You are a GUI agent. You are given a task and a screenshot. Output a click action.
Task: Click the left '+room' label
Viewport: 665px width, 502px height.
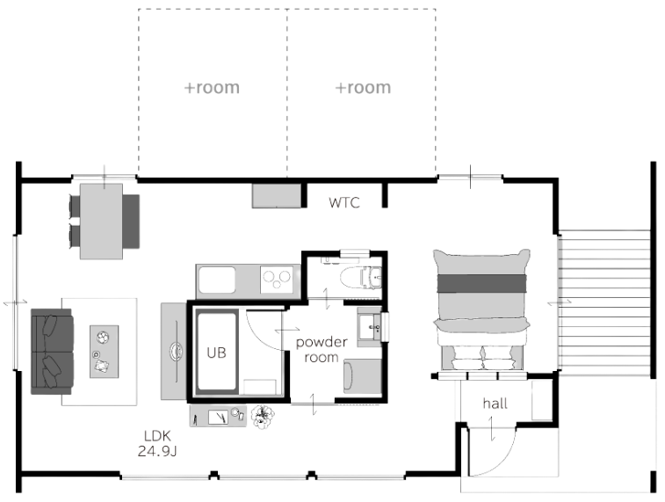[212, 88]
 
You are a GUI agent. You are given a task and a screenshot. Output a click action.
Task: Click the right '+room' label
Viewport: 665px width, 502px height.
[363, 88]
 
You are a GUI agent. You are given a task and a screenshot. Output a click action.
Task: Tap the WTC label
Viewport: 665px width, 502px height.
[344, 202]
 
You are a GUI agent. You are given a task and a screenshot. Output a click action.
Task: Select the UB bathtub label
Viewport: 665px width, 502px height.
[216, 352]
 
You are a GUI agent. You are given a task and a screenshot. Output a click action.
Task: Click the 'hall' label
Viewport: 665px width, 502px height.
[495, 404]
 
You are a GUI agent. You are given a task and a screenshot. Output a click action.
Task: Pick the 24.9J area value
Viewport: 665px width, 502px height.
[156, 452]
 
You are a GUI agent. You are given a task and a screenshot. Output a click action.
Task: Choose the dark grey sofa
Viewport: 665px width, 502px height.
[51, 349]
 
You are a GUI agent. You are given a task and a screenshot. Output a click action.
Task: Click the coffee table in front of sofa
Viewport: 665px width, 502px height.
[104, 348]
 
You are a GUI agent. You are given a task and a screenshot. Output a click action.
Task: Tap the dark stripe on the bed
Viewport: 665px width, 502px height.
[482, 284]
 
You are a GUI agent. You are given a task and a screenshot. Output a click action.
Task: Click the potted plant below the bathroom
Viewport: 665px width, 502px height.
[261, 416]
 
